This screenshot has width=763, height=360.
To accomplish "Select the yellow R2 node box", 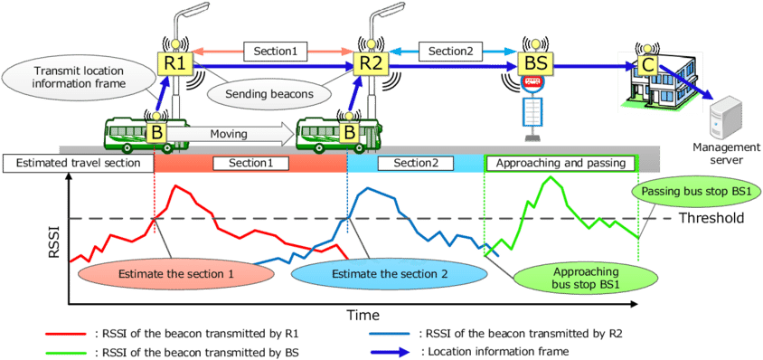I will [x=371, y=64].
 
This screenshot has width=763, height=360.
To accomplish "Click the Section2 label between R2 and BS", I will [x=450, y=52].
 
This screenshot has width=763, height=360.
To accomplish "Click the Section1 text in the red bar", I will [x=250, y=164].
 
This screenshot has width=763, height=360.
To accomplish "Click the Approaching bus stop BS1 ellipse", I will [x=572, y=278].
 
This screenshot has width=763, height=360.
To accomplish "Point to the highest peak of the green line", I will [x=549, y=177].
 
